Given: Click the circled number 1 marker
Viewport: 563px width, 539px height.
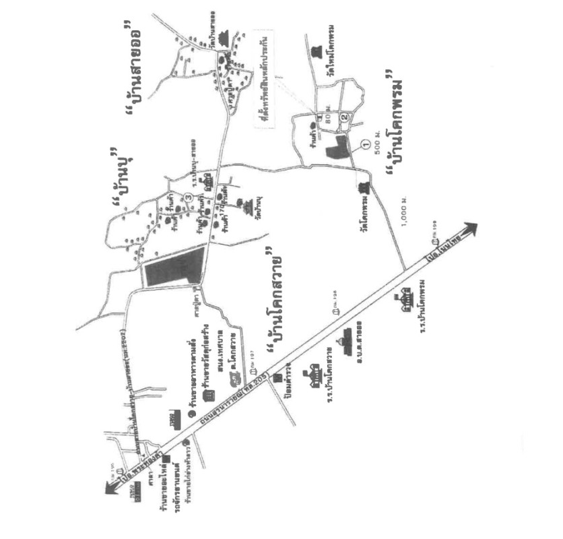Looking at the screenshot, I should (365, 143).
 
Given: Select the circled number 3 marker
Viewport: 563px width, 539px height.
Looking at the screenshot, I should (189, 197).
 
